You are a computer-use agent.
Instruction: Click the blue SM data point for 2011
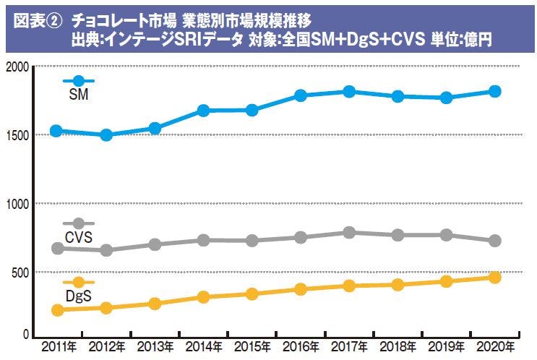click(x=56, y=131)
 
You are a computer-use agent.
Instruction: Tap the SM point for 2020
click(x=495, y=91)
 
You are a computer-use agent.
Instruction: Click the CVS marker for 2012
click(x=106, y=250)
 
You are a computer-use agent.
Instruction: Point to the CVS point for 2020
click(x=495, y=241)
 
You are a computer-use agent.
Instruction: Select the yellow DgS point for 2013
click(x=155, y=304)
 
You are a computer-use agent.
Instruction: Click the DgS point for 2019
click(x=446, y=281)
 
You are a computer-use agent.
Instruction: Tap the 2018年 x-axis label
click(x=397, y=346)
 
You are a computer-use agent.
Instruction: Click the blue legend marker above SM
click(x=78, y=81)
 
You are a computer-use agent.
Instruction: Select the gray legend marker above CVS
click(x=78, y=224)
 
